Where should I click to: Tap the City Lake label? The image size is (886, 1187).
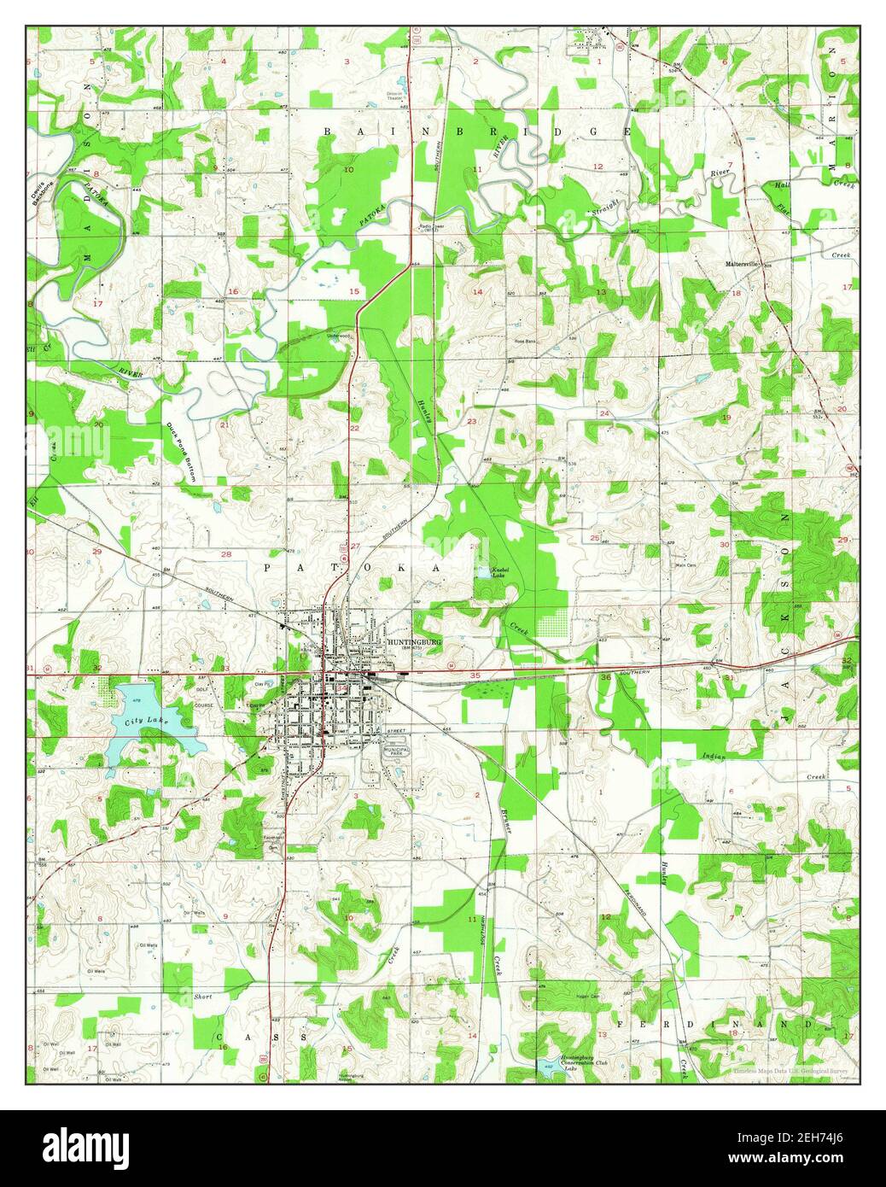tap(147, 722)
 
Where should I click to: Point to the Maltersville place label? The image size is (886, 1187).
tap(743, 264)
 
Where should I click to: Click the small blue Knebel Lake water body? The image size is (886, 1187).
tap(484, 573)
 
